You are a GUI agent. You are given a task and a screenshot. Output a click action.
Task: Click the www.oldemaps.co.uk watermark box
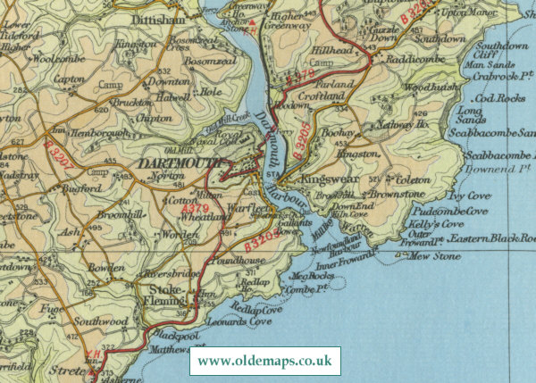(265, 362)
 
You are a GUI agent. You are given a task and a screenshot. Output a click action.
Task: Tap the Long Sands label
(469, 115)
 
